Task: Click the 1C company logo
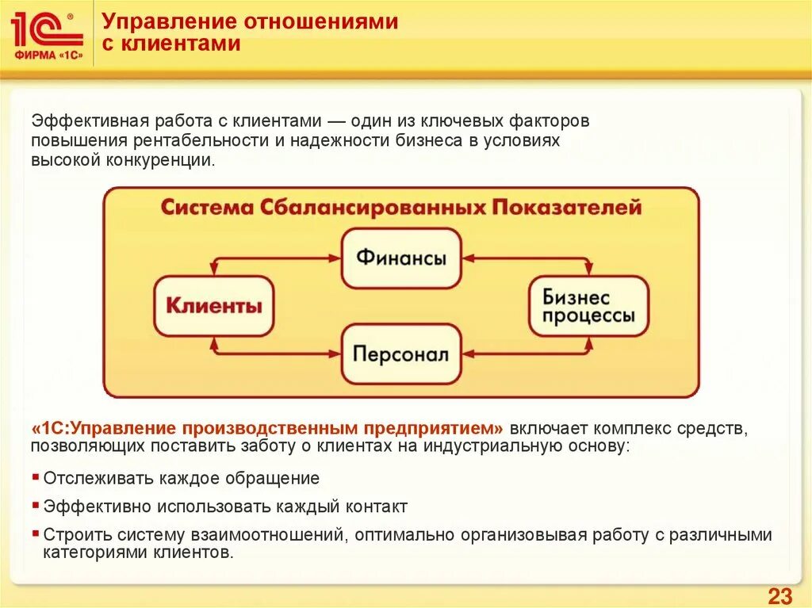(x=47, y=36)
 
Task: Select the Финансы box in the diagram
(x=401, y=258)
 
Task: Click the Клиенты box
(x=213, y=306)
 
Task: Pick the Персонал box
(x=401, y=354)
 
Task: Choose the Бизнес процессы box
(x=588, y=306)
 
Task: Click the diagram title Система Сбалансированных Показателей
(x=400, y=208)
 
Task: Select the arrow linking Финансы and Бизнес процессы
(x=527, y=258)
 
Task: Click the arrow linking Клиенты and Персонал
(x=278, y=354)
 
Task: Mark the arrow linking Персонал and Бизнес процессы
(x=527, y=354)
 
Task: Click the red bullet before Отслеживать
(x=36, y=477)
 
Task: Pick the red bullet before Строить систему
(x=36, y=533)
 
